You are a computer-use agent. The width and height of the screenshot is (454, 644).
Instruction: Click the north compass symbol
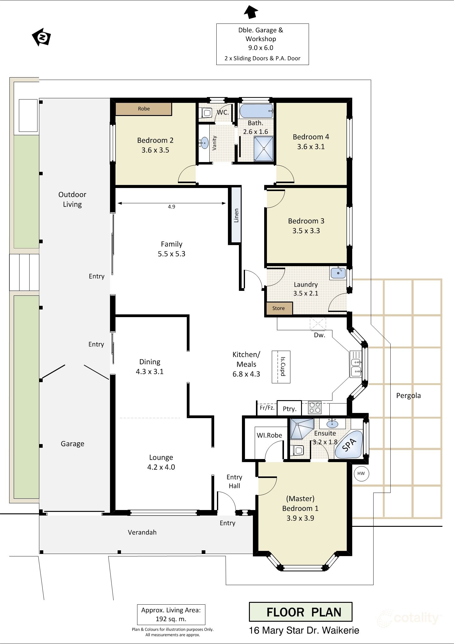(41, 37)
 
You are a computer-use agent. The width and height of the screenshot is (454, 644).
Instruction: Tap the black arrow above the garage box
(251, 12)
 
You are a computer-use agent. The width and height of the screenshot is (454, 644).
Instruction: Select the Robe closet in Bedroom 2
(144, 109)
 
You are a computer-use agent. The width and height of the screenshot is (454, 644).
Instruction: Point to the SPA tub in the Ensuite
(349, 445)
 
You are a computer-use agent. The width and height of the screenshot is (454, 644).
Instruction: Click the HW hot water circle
(361, 473)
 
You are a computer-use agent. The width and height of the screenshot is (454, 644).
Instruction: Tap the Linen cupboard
(236, 215)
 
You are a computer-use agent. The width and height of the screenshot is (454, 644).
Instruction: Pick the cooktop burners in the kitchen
(315, 407)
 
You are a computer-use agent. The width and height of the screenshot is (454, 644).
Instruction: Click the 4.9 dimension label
(172, 207)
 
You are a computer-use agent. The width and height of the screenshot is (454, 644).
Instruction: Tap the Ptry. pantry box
(289, 408)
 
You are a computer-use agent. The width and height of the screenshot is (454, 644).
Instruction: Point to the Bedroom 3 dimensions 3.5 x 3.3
(306, 231)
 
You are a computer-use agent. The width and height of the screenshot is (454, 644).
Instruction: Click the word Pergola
(408, 396)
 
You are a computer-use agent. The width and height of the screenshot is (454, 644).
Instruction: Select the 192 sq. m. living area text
(171, 619)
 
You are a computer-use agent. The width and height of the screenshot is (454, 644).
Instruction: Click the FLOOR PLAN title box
(301, 612)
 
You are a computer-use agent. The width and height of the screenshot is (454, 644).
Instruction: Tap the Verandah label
(142, 532)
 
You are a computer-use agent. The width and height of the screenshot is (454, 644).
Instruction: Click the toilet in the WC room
(207, 113)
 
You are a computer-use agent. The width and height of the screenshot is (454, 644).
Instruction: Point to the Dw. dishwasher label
(320, 335)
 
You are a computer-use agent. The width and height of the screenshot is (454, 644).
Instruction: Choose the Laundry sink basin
(338, 273)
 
